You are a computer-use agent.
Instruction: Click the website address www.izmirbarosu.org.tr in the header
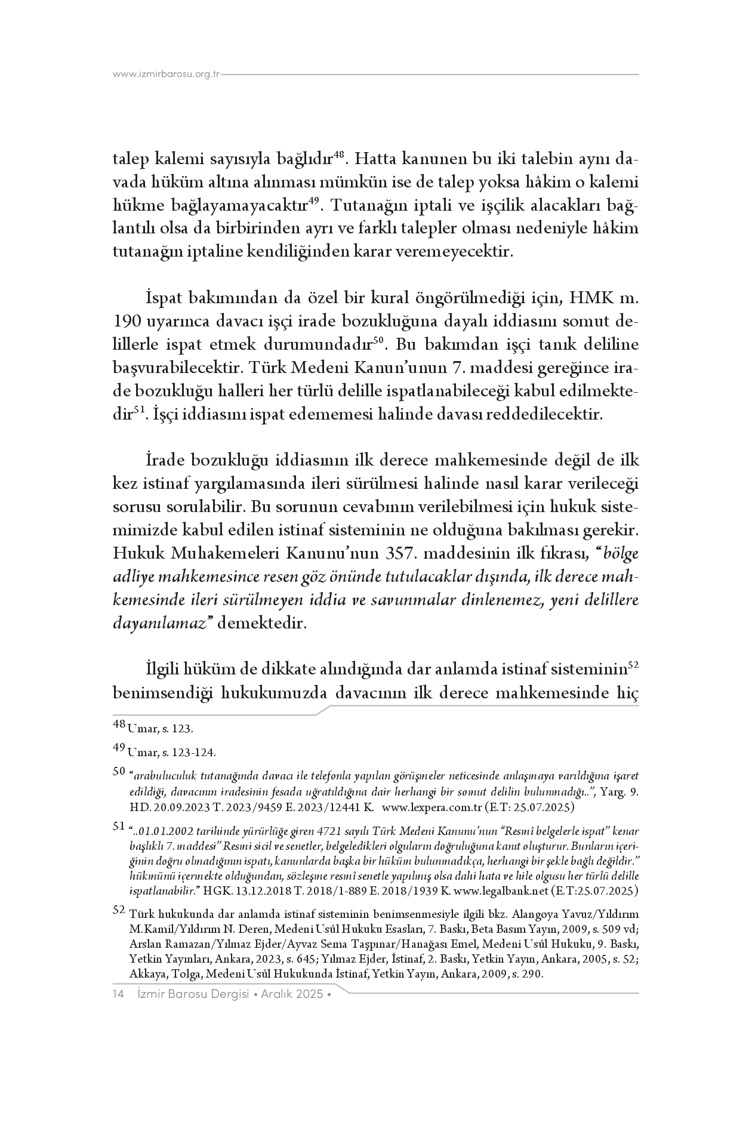click(x=167, y=75)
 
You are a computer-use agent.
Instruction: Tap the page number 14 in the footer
click(x=118, y=994)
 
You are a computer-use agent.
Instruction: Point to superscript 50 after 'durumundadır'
click(x=377, y=340)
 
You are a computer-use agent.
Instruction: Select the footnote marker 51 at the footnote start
click(x=119, y=827)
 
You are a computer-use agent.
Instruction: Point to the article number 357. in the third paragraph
click(x=400, y=554)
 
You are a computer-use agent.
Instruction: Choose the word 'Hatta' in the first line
click(x=380, y=160)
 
